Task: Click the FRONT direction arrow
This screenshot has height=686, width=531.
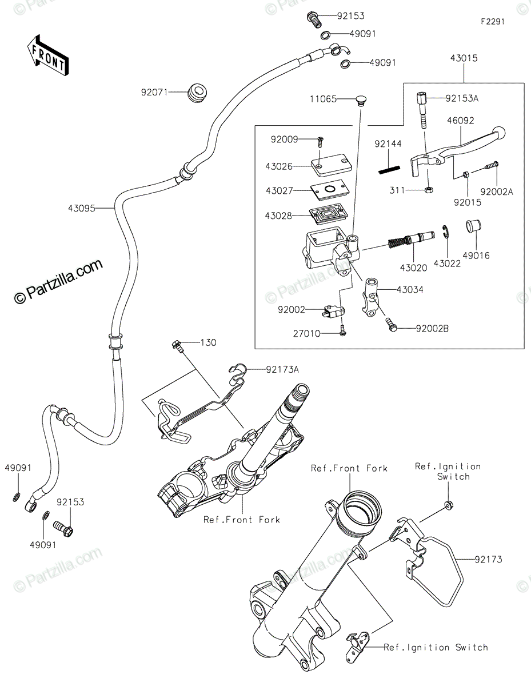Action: click(48, 55)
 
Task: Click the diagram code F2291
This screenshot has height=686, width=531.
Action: click(493, 22)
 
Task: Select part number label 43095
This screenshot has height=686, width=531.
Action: click(81, 208)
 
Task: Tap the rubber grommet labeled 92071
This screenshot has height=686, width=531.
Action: click(197, 92)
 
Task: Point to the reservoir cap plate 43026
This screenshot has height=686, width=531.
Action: click(331, 166)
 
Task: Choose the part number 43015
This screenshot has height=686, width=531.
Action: click(464, 58)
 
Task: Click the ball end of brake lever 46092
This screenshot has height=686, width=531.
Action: click(498, 132)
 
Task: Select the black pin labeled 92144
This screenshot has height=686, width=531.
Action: click(389, 170)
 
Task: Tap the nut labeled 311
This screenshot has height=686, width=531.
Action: click(429, 190)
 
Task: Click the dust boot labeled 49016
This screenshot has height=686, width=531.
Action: click(474, 226)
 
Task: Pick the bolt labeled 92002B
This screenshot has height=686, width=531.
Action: click(391, 325)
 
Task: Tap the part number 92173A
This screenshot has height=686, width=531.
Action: click(282, 369)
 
